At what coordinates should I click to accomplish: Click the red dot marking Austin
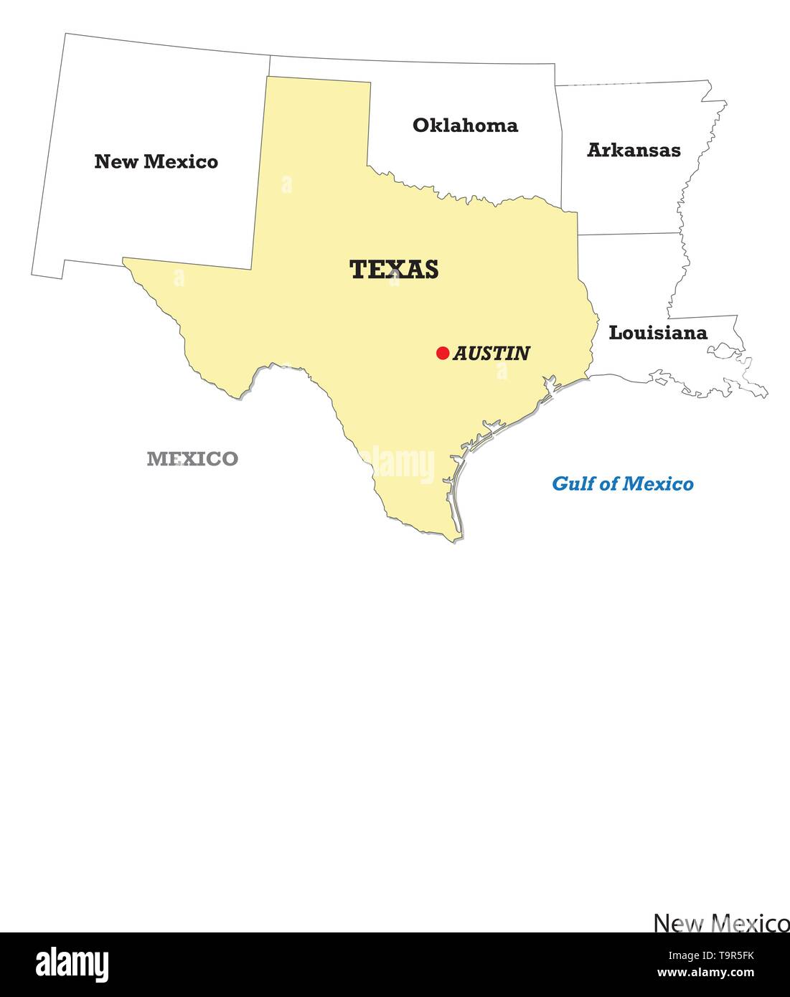pyautogui.click(x=443, y=353)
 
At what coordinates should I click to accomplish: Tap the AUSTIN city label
pyautogui.click(x=492, y=353)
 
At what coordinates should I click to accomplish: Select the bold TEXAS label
pyautogui.click(x=394, y=270)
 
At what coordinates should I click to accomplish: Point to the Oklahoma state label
pyautogui.click(x=465, y=126)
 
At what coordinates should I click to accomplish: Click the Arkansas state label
pyautogui.click(x=634, y=150)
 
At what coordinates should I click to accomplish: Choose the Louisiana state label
pyautogui.click(x=658, y=333)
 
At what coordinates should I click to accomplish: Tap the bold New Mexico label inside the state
pyautogui.click(x=156, y=161)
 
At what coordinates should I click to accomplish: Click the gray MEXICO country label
pyautogui.click(x=192, y=459)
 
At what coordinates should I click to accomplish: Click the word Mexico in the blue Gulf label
pyautogui.click(x=659, y=484)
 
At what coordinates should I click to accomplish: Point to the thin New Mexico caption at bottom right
pyautogui.click(x=721, y=922)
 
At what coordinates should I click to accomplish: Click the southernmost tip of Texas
pyautogui.click(x=453, y=540)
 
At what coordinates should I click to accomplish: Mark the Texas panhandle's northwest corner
pyautogui.click(x=268, y=77)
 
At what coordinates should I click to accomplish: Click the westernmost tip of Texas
pyautogui.click(x=123, y=259)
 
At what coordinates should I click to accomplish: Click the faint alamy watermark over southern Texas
pyautogui.click(x=398, y=464)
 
